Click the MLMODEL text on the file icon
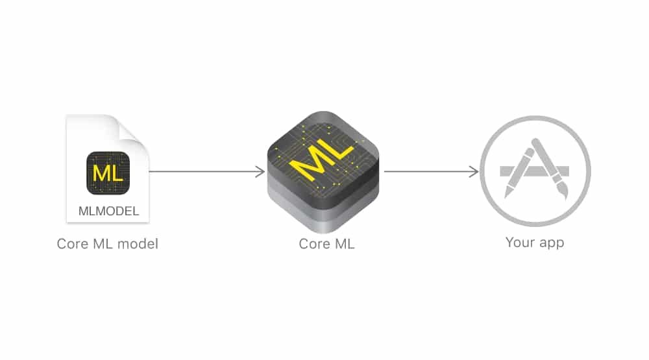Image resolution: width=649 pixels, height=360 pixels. (108, 211)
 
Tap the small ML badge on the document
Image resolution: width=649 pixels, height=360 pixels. (108, 173)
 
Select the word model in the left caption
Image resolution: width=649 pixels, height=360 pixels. (138, 244)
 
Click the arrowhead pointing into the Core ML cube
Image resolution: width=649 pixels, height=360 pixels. (260, 171)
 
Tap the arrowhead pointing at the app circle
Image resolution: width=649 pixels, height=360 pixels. (474, 171)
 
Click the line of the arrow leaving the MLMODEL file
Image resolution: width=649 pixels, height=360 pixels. (206, 171)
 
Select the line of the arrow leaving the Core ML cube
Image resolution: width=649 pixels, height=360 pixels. (430, 171)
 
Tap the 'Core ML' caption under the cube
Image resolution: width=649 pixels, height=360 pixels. (326, 244)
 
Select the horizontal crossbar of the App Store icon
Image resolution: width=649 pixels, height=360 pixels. (534, 171)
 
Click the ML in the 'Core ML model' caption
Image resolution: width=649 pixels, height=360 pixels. (103, 244)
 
